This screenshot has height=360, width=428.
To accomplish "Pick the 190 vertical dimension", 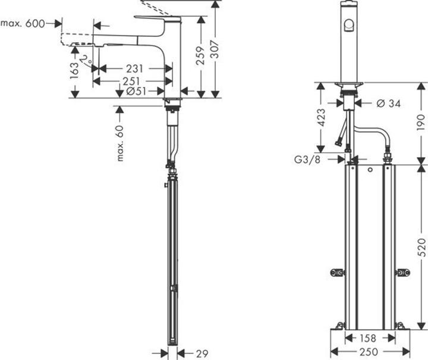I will click(421, 122).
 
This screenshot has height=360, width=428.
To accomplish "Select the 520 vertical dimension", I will click(421, 246).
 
